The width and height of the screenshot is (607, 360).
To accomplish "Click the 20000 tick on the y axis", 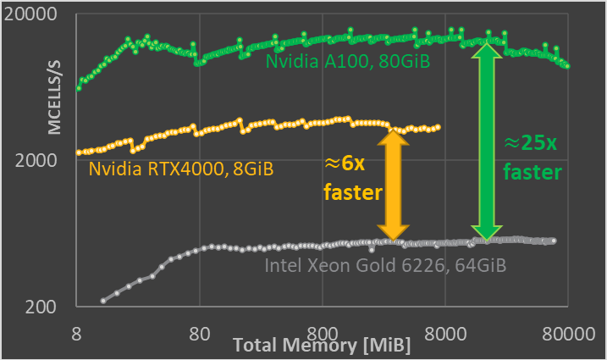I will click(x=37, y=14).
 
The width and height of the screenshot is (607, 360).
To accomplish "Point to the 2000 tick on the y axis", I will click(x=42, y=161).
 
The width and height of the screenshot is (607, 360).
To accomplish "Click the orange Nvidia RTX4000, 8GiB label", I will click(x=180, y=169).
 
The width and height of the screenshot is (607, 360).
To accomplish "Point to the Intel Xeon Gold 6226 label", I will click(x=385, y=265).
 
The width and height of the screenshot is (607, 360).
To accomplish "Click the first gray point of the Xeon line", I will click(x=103, y=301).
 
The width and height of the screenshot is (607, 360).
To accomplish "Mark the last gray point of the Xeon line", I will click(x=554, y=241).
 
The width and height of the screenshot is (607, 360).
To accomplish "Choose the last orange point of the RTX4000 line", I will click(x=439, y=127).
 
